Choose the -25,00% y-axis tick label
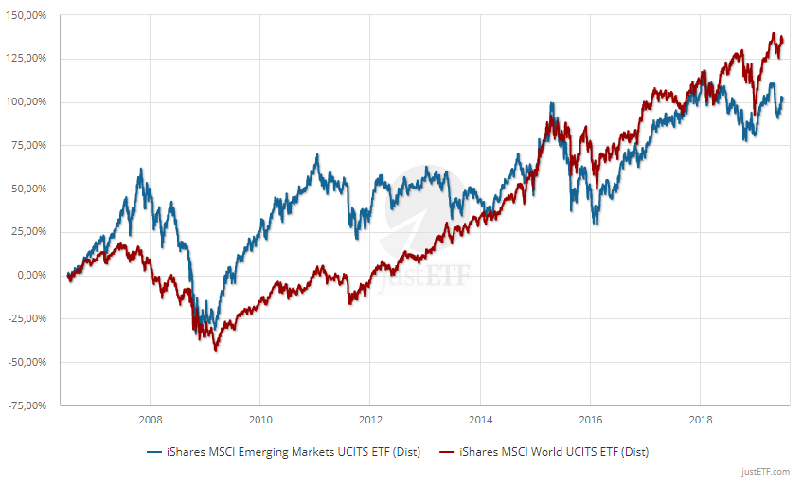click(27, 318)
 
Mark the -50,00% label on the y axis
click(27, 362)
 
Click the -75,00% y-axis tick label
click(27, 405)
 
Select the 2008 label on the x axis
click(150, 419)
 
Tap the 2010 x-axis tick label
click(260, 419)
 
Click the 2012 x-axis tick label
click(370, 419)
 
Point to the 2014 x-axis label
click(480, 419)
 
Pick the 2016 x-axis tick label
click(590, 419)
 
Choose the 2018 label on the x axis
click(700, 419)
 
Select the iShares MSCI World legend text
click(553, 452)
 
